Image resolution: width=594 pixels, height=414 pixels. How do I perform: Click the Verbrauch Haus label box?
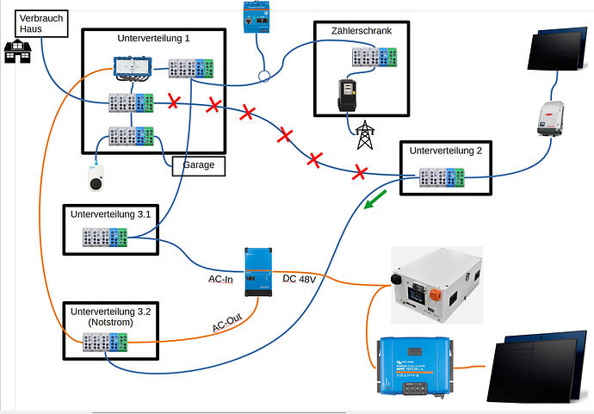(39, 23)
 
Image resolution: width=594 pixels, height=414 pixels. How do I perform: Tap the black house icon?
(15, 52)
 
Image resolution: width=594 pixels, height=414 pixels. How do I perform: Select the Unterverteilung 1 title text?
(153, 39)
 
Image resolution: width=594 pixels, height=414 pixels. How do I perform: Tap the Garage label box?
(198, 164)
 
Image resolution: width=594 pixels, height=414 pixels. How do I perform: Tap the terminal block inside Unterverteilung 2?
(442, 178)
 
